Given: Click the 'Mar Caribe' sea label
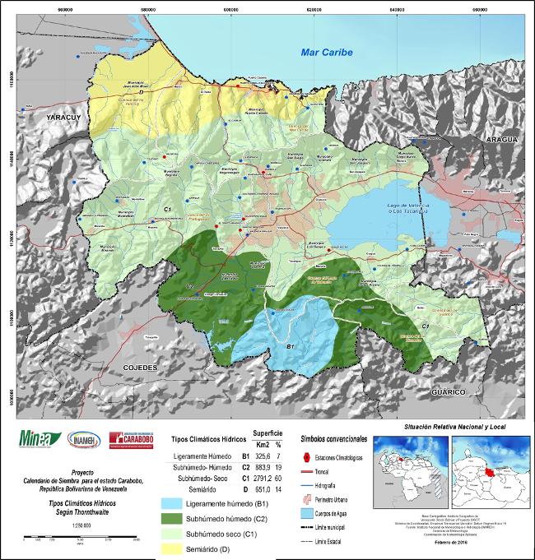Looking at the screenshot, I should pos(325,53).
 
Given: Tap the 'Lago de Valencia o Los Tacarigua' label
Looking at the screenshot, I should pos(407,211).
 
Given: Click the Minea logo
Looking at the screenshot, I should pos(36,442).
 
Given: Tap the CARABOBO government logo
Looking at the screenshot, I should pos(131,442).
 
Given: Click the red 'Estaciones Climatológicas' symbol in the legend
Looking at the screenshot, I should pos(307,456).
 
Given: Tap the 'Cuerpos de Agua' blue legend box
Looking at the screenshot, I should pos(307,511).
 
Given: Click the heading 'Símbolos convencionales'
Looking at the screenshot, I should pos(334,440).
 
